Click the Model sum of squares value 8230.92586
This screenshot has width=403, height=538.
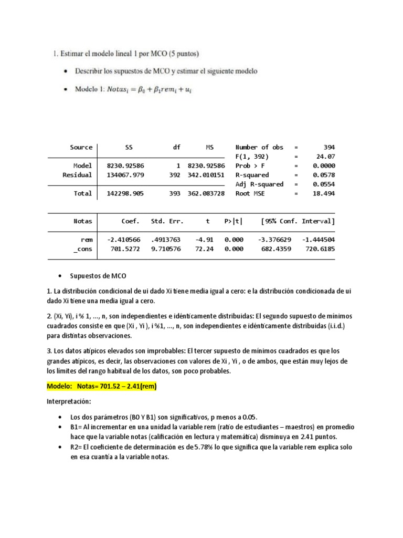click(x=125, y=165)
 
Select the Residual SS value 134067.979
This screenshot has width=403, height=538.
click(x=125, y=175)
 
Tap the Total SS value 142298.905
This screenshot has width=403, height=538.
click(x=125, y=193)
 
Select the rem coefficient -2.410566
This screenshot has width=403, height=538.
click(x=124, y=240)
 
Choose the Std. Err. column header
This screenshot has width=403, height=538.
click(x=165, y=221)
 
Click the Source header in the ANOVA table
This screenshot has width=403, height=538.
click(x=81, y=147)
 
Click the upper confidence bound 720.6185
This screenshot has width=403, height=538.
click(x=319, y=249)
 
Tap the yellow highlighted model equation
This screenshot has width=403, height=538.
click(x=102, y=387)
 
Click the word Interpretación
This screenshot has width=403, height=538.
click(x=69, y=402)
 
